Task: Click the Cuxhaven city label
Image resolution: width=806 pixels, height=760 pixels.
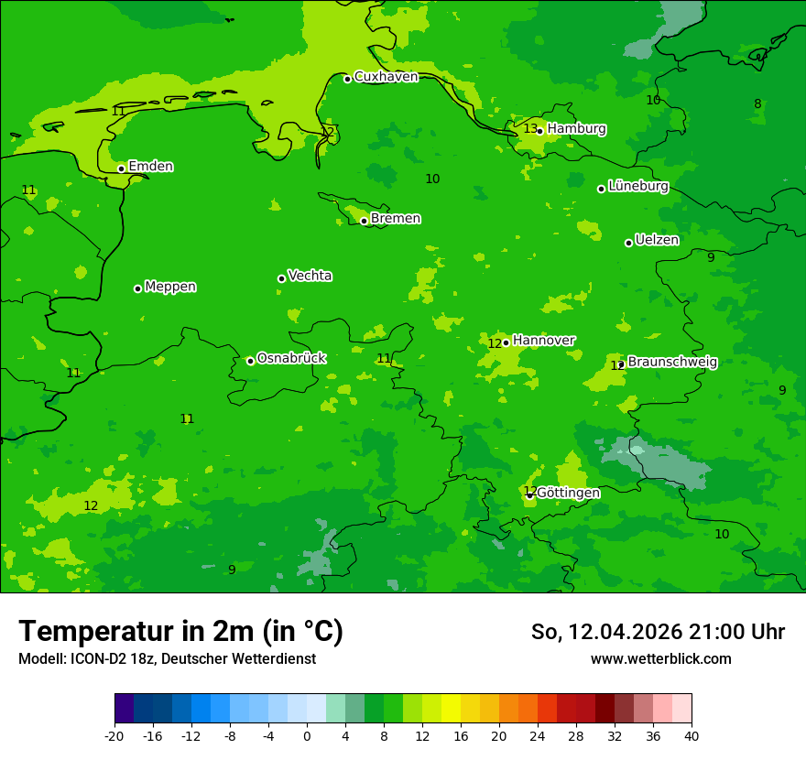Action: point(386,77)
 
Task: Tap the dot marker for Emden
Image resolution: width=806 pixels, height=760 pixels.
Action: point(121,168)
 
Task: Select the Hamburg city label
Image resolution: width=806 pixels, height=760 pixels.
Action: point(576,129)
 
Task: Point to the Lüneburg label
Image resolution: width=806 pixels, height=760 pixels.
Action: point(637,186)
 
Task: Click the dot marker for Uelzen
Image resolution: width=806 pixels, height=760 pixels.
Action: point(628,243)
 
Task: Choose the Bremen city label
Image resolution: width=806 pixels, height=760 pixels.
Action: point(396,219)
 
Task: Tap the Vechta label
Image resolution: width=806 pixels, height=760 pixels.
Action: point(310,276)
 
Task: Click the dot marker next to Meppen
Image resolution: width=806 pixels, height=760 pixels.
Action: point(137,288)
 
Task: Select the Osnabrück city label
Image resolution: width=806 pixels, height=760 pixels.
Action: point(291,358)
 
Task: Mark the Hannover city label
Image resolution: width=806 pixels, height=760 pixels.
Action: point(543,341)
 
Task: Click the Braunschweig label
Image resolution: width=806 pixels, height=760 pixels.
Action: point(672,362)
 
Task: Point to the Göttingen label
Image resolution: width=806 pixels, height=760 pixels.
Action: point(568,493)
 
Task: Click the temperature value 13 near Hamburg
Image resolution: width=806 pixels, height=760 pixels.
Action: point(530,128)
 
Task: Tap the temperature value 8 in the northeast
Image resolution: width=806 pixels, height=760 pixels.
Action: point(757,103)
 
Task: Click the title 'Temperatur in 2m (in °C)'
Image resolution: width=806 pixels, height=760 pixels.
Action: point(180,631)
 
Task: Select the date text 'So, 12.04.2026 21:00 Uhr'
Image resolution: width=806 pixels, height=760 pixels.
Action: point(658,632)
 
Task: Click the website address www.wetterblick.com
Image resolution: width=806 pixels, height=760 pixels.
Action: point(660,658)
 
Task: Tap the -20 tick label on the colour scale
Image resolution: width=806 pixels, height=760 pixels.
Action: point(114,735)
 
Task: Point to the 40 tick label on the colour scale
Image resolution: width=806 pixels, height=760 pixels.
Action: point(692,735)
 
